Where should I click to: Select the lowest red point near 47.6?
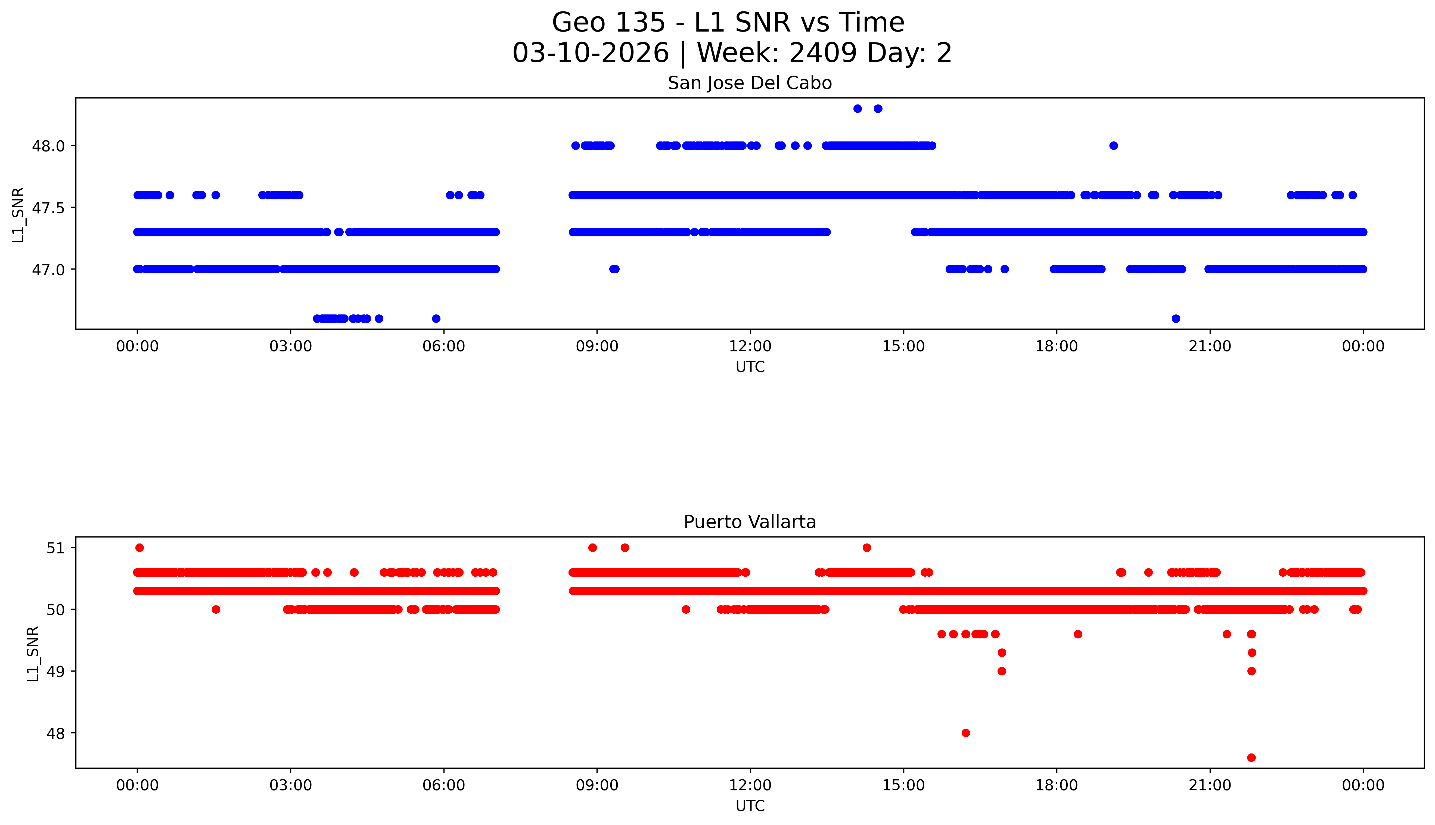tap(1251, 758)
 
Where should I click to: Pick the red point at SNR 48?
tap(965, 733)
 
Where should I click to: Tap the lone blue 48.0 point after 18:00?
tap(1113, 146)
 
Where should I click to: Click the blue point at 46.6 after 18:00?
tap(1176, 319)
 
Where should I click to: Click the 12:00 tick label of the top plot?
tap(750, 346)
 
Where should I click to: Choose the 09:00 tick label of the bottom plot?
tap(597, 785)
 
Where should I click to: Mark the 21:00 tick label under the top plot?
tap(1210, 346)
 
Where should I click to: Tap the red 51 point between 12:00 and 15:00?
tap(866, 547)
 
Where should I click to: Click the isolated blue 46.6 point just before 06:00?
tap(436, 319)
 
